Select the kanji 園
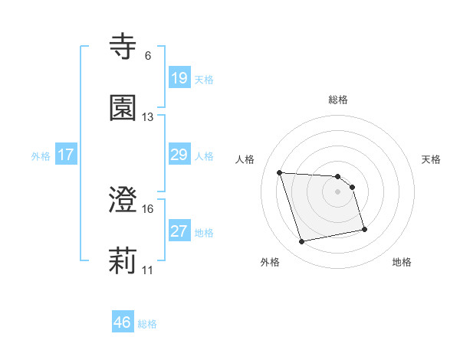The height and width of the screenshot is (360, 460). click(123, 108)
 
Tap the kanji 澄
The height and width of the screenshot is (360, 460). click(123, 201)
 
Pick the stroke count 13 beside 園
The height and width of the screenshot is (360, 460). click(147, 117)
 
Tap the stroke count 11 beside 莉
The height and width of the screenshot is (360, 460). click(147, 270)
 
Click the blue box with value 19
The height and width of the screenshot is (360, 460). click(179, 77)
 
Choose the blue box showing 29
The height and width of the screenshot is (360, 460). click(179, 155)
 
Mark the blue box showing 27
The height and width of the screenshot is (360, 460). click(179, 231)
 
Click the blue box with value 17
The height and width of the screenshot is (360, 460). click(65, 155)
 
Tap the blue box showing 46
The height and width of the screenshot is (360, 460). click(122, 322)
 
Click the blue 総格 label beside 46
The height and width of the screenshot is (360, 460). click(147, 324)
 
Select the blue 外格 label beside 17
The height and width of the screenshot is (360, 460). click(41, 156)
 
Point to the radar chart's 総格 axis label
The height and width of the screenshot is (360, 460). click(338, 100)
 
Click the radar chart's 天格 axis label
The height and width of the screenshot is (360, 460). click(431, 159)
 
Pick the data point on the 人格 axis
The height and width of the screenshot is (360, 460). click(280, 172)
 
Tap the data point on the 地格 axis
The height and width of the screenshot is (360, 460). click(364, 229)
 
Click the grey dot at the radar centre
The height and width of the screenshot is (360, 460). click(338, 191)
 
